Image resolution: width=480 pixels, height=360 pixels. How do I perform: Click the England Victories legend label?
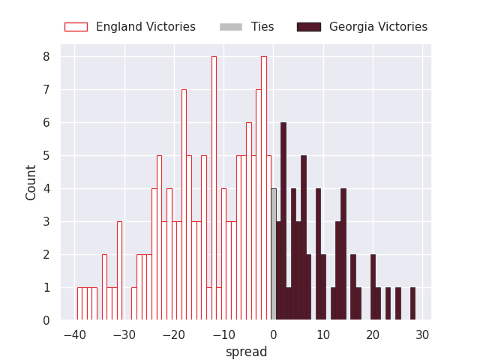[145, 27]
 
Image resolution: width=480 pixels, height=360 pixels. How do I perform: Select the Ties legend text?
[262, 27]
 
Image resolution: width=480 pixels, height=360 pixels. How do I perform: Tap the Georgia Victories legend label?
[378, 27]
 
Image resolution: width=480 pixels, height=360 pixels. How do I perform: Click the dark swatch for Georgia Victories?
[308, 27]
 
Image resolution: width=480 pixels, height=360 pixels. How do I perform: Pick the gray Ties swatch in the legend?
[231, 27]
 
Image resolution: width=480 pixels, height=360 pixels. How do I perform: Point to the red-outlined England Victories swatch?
[76, 27]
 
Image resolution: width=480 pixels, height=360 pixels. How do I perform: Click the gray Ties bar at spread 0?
[274, 255]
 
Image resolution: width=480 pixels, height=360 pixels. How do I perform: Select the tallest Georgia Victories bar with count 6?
[283, 221]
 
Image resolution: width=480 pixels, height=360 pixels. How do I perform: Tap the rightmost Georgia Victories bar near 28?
[412, 304]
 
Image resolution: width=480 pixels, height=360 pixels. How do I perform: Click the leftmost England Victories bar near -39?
[79, 304]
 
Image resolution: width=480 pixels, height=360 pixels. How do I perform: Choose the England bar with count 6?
[248, 221]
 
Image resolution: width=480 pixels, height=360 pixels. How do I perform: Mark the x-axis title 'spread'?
[246, 352]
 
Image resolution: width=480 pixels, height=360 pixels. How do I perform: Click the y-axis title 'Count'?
[31, 182]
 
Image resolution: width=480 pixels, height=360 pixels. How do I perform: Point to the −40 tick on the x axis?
[73, 334]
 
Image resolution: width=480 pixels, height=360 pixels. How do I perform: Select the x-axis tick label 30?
[422, 334]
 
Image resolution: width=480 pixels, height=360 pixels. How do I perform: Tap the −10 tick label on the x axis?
[223, 334]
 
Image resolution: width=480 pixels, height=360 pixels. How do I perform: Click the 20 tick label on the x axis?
[373, 334]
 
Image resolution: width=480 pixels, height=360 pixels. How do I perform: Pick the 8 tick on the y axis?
[46, 56]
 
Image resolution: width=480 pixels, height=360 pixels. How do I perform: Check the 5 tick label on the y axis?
[46, 155]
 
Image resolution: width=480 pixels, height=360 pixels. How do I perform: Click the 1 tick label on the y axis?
[46, 287]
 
